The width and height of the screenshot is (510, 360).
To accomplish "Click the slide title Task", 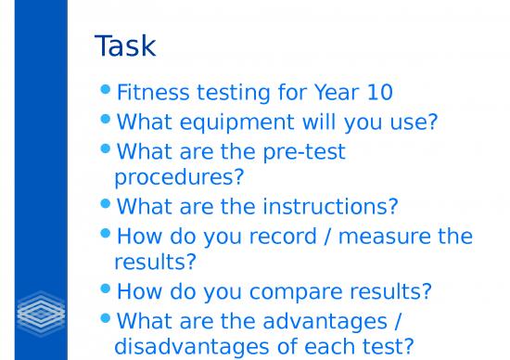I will (125, 45).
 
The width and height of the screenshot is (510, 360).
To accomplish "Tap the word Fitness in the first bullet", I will (151, 93).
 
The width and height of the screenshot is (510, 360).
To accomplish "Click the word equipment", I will (234, 122).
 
